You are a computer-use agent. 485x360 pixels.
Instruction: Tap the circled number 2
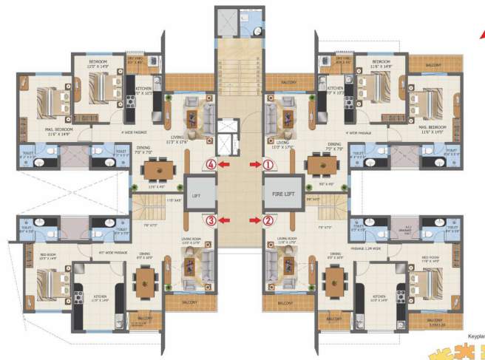tap(268, 220)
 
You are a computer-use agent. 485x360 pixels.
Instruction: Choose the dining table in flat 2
tap(336, 279)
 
